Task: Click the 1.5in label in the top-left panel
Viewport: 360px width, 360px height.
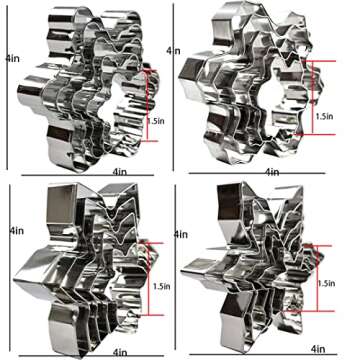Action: click(x=156, y=121)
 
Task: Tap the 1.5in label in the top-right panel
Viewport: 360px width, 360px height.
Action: click(x=325, y=116)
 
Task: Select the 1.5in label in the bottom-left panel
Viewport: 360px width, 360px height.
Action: click(x=162, y=286)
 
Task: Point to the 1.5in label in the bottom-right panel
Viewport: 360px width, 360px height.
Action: click(x=326, y=283)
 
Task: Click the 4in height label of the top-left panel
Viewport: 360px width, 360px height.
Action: click(x=13, y=59)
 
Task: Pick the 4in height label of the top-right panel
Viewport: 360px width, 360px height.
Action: click(x=173, y=51)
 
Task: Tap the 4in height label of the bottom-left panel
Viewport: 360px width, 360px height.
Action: click(x=17, y=231)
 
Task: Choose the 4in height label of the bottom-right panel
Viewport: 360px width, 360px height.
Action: click(x=181, y=234)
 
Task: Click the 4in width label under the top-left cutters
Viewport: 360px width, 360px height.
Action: click(x=120, y=172)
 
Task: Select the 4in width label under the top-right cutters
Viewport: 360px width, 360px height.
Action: click(x=272, y=172)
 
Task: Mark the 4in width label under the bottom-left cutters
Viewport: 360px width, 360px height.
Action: click(x=120, y=352)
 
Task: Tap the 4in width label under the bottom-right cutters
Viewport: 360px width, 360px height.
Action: click(x=318, y=349)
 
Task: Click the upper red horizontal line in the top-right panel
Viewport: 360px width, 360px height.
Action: click(x=318, y=61)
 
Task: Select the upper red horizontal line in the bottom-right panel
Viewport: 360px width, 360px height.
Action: click(x=317, y=246)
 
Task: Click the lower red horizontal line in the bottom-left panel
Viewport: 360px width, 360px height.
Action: click(x=153, y=315)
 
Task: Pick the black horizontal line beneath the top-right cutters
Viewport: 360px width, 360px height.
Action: click(x=257, y=173)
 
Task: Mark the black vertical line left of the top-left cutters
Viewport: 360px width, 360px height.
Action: click(x=7, y=87)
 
